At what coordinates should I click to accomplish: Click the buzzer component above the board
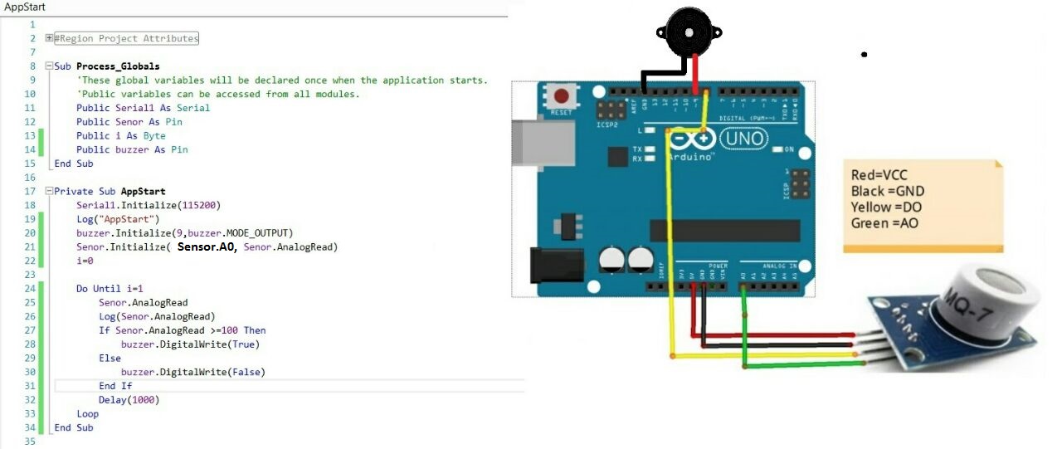(x=689, y=32)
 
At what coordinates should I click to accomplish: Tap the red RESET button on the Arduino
(x=564, y=97)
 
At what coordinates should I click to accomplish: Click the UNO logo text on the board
(x=743, y=138)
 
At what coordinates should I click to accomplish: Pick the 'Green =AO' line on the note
(x=884, y=223)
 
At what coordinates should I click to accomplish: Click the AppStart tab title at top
(x=25, y=7)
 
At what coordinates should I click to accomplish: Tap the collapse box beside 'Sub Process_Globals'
(x=49, y=66)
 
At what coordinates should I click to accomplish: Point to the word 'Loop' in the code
(x=87, y=413)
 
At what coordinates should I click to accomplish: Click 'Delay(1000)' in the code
(x=129, y=400)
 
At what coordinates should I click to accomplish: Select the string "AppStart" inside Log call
(x=122, y=219)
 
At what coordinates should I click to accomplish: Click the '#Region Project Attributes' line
(x=126, y=38)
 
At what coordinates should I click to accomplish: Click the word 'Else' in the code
(x=110, y=358)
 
